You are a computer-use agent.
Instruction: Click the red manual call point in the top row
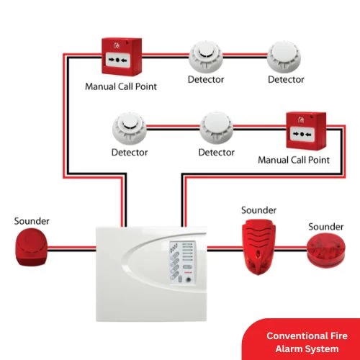pyautogui.click(x=122, y=57)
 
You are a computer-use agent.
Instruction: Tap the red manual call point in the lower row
pyautogui.click(x=306, y=131)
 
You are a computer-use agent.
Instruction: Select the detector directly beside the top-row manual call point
pyautogui.click(x=206, y=57)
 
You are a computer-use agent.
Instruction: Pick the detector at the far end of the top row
pyautogui.click(x=284, y=57)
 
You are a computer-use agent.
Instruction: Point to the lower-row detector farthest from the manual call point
pyautogui.click(x=130, y=128)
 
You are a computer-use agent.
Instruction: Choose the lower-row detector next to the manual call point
pyautogui.click(x=217, y=128)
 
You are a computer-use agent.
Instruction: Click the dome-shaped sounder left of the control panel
pyautogui.click(x=32, y=247)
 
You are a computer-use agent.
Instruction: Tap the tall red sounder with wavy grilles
pyautogui.click(x=258, y=247)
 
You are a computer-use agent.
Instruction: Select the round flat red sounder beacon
pyautogui.click(x=326, y=251)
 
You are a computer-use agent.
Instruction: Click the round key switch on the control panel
pyautogui.click(x=189, y=279)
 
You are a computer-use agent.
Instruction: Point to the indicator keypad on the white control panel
pyautogui.click(x=183, y=264)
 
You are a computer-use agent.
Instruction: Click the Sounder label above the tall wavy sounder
pyautogui.click(x=258, y=210)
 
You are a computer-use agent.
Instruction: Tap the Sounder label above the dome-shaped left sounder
pyautogui.click(x=32, y=221)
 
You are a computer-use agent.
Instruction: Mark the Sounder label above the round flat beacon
pyautogui.click(x=326, y=227)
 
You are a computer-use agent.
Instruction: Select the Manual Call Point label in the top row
pyautogui.click(x=121, y=86)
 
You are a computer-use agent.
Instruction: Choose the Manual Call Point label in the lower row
pyautogui.click(x=294, y=160)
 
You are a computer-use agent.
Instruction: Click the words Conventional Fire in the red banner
pyautogui.click(x=307, y=336)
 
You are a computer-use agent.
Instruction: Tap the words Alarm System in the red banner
pyautogui.click(x=307, y=349)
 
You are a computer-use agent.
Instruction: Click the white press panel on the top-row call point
pyautogui.click(x=117, y=60)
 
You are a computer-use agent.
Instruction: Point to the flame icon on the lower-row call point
pyautogui.click(x=301, y=120)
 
